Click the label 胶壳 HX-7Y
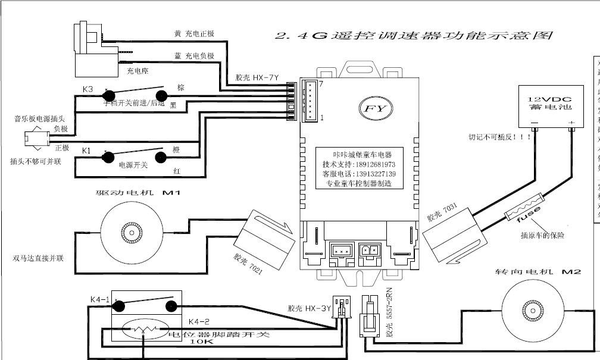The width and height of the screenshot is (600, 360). coord(257,77)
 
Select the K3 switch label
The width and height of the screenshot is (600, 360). coord(87,89)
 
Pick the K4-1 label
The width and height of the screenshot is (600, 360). coord(99,299)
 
